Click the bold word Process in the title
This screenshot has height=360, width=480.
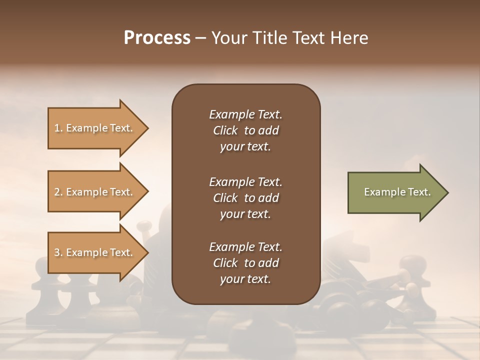tap(157, 38)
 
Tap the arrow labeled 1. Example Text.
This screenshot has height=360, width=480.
tap(95, 128)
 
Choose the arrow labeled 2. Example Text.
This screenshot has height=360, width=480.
tap(95, 192)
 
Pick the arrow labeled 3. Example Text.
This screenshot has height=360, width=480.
tap(95, 252)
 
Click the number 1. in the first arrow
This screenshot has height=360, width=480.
tap(58, 128)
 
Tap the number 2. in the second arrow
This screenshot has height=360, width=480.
tap(58, 192)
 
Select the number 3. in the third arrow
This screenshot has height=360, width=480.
tap(58, 252)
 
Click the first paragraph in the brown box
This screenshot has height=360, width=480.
tap(245, 130)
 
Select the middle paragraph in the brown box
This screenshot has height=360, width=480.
tap(245, 198)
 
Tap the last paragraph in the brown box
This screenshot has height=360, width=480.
tap(245, 263)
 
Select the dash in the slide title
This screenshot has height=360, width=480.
tap(200, 38)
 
